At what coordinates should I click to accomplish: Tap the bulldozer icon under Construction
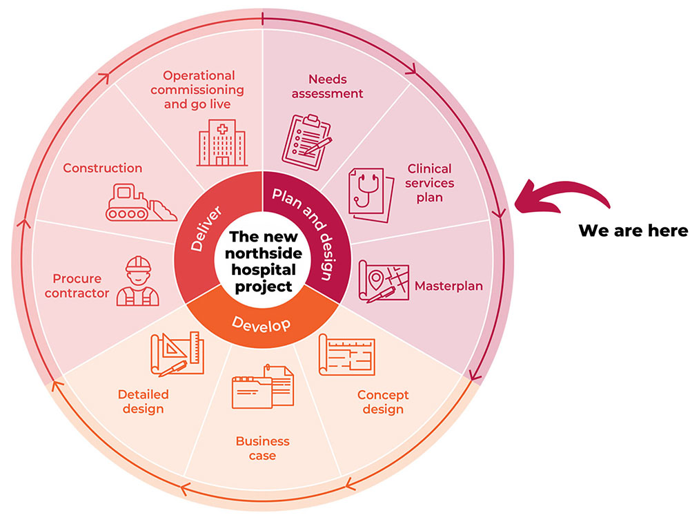[137, 202]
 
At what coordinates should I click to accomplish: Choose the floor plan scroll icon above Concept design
[346, 355]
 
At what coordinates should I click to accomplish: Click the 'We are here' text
[633, 231]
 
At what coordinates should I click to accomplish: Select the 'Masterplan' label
[448, 285]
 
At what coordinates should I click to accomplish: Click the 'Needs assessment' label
[327, 86]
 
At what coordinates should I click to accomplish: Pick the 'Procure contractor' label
[81, 286]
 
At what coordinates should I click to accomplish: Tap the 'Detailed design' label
[144, 401]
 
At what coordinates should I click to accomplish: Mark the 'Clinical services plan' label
[429, 183]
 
